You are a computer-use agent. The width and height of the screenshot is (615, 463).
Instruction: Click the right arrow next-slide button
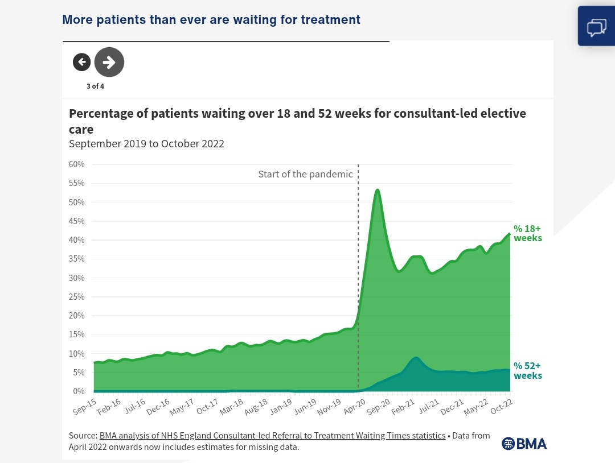[x=109, y=62]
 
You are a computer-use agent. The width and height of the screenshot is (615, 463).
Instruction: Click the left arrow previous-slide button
[x=81, y=62]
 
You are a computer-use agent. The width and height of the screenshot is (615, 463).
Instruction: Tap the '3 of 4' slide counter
[x=95, y=86]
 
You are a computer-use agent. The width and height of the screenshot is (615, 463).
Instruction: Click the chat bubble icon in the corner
[x=596, y=26]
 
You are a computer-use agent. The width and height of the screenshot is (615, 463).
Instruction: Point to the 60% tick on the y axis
[x=77, y=164]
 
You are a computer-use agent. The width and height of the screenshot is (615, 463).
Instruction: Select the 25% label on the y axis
[x=77, y=297]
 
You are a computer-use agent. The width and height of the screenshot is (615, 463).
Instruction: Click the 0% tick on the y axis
[x=79, y=391]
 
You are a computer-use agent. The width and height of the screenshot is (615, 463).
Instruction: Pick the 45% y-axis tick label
[x=77, y=221]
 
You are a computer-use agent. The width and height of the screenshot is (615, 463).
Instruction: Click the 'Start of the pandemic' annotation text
[x=305, y=174]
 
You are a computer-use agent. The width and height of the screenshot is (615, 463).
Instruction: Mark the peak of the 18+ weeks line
[x=377, y=190]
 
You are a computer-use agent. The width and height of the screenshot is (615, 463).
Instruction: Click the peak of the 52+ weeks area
[x=416, y=358]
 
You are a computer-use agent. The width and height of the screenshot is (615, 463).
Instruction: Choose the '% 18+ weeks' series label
[x=527, y=233]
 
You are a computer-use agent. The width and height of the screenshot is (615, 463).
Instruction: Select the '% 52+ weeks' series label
[x=527, y=371]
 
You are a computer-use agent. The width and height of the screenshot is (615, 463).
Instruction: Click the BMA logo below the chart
[x=524, y=444]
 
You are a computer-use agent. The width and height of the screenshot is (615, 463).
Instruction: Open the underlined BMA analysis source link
[x=272, y=436]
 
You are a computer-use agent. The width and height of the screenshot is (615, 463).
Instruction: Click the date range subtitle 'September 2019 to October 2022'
[x=146, y=143]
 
